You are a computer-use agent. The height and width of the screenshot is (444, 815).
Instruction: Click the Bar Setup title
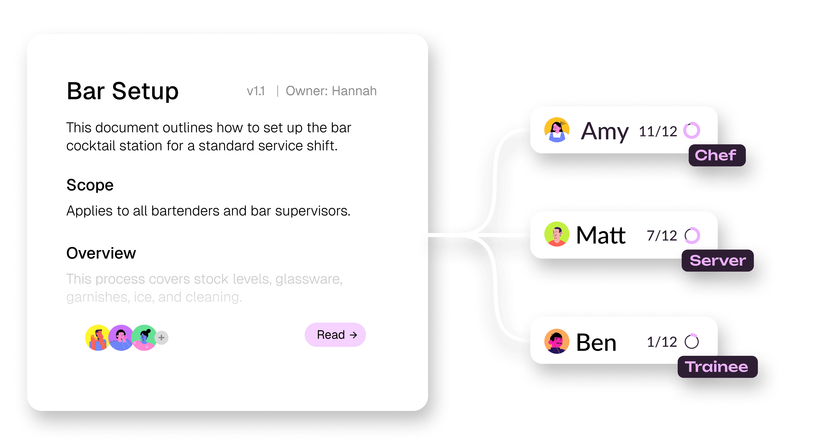pos(123,91)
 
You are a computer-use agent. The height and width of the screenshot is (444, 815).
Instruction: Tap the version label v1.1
pos(256,91)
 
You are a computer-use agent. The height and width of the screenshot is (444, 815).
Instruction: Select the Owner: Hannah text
pos(331,91)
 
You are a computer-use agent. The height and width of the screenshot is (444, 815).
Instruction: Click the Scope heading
pos(90,185)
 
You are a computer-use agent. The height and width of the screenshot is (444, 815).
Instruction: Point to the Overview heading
pos(101,253)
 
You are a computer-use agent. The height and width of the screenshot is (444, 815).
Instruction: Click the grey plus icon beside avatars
pos(162,338)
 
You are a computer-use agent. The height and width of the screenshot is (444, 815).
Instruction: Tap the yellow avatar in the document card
pos(97,338)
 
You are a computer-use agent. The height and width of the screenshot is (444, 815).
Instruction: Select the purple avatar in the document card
pos(121,338)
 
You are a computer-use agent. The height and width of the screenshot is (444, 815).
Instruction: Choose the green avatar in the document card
pos(144,338)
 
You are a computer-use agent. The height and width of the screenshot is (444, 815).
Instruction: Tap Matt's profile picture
pos(557,234)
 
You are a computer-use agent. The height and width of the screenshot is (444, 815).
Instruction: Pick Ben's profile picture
pos(557,341)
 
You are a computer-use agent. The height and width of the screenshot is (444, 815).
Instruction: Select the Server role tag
pos(718,261)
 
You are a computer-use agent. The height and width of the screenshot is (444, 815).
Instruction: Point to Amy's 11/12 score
pos(658,131)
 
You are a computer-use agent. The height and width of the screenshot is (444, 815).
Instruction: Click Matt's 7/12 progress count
pos(662,236)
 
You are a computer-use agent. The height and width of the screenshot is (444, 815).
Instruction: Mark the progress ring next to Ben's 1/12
pos(692,342)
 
